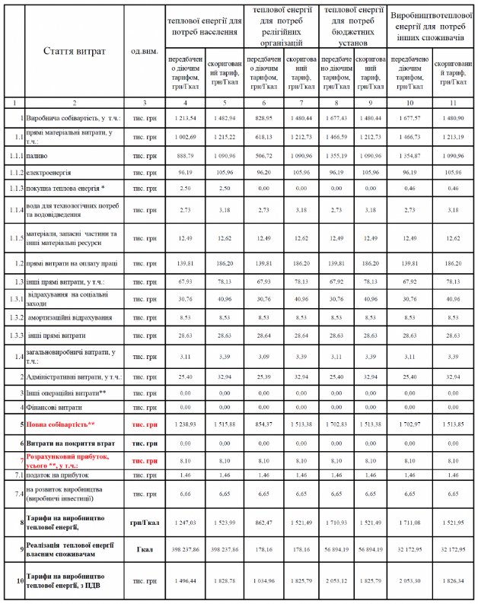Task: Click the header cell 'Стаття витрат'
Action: [x=74, y=51]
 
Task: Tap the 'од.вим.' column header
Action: [x=145, y=51]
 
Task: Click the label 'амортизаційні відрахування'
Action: [x=70, y=316]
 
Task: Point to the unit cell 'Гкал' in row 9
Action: [x=145, y=549]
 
